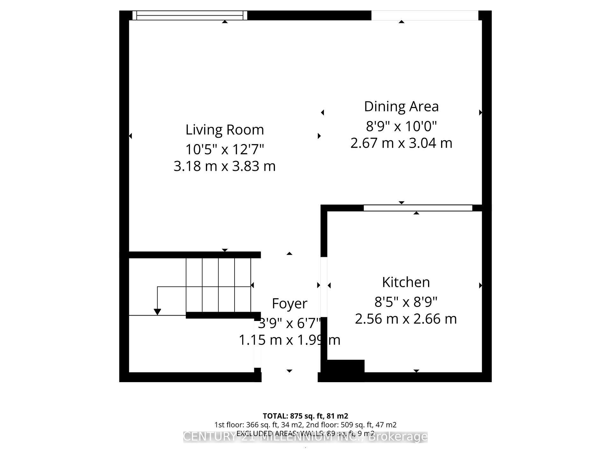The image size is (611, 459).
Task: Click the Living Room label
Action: pos(225,130)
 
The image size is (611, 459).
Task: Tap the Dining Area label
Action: pos(401,106)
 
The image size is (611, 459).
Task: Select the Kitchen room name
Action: pos(406,282)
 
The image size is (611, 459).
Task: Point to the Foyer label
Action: pos(290,303)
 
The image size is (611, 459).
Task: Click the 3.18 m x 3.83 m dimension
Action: pos(225,166)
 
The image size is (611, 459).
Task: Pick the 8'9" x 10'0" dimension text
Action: pos(401,126)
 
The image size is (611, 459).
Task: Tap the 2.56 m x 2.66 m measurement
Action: pos(406,319)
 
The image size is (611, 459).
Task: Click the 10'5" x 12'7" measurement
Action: pos(225,149)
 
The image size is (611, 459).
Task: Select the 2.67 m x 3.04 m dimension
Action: pos(401,143)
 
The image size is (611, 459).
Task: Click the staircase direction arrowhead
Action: pos(157,312)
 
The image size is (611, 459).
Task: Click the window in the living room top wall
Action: pos(190,15)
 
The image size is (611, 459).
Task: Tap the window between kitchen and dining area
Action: pos(418,208)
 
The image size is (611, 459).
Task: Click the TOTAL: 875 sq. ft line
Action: pos(305,416)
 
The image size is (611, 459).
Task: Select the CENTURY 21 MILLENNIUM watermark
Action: pos(274,437)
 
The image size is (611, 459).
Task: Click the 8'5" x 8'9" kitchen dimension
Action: pos(406,302)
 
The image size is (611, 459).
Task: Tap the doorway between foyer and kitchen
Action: pos(324,285)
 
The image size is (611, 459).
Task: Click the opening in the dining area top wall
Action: pos(425,15)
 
